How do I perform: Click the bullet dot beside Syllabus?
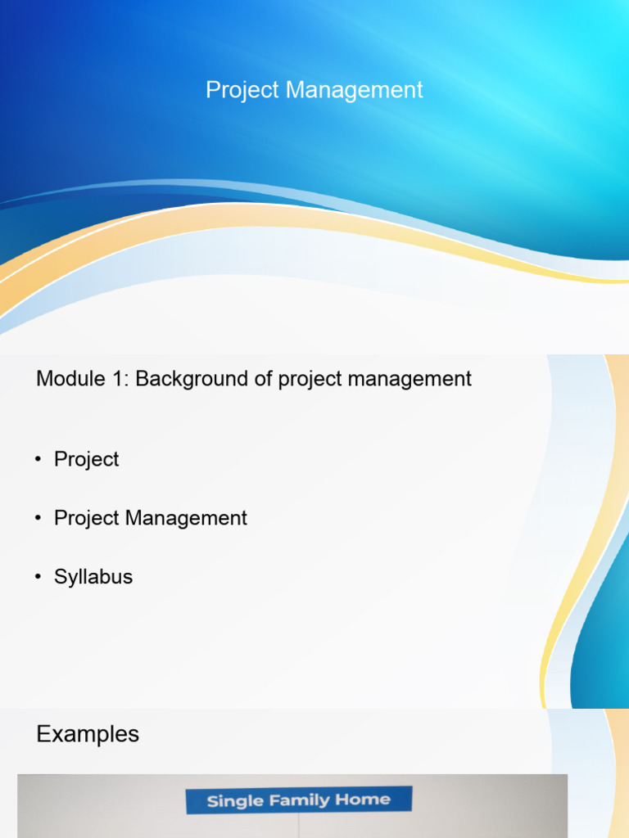coord(38,577)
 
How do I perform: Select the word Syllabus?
coord(93,577)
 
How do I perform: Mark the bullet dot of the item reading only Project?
coord(38,460)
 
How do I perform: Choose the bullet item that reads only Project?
coord(86,460)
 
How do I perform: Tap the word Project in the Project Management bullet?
coord(86,518)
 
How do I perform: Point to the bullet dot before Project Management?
coord(38,519)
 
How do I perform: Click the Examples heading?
coord(88,735)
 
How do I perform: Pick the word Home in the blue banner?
coord(362,800)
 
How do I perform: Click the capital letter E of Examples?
coord(43,734)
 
